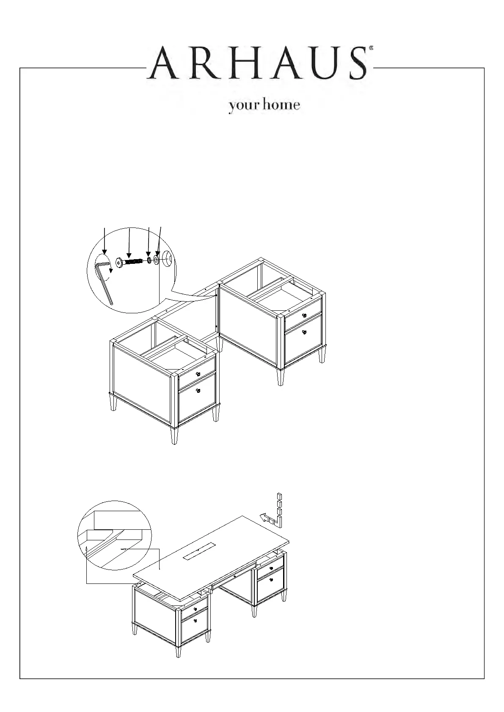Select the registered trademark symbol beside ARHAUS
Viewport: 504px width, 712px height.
[371, 49]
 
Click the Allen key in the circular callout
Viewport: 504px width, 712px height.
[104, 281]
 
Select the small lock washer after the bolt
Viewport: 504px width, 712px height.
[149, 259]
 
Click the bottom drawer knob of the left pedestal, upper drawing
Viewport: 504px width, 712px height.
[198, 390]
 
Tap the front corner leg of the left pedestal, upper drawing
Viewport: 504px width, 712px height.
[174, 435]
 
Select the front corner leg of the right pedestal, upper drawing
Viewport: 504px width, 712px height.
[280, 376]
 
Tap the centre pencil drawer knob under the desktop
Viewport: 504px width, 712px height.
[234, 576]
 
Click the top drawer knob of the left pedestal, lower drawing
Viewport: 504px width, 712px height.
[195, 609]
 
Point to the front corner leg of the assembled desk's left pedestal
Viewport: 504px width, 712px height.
[178, 651]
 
